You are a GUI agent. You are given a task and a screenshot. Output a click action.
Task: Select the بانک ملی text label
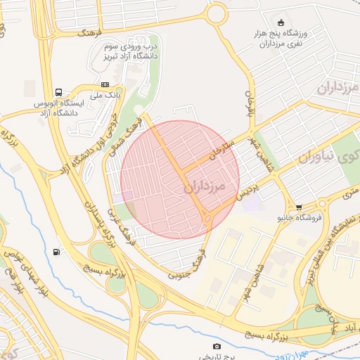[108, 94]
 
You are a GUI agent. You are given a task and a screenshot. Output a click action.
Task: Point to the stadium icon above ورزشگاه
[281, 22]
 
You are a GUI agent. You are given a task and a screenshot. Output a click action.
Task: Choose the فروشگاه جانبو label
[299, 218]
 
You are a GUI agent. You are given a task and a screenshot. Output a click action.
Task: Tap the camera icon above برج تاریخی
[217, 346]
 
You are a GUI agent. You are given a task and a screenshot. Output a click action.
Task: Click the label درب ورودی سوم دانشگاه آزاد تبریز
[130, 50]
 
